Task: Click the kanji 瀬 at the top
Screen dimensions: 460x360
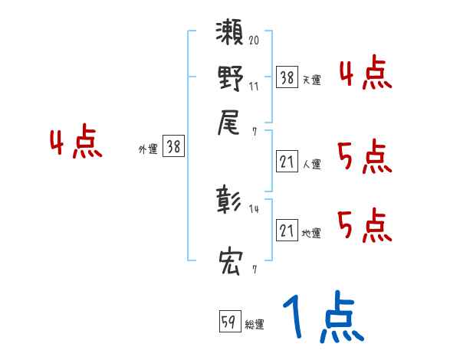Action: click(x=229, y=36)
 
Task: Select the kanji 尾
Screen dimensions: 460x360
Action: click(x=229, y=123)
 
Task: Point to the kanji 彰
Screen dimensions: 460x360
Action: click(x=229, y=201)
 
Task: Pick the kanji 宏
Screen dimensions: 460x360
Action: click(x=229, y=263)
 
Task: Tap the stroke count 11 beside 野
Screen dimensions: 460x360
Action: click(x=254, y=87)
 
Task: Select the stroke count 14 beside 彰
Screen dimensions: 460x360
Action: click(x=254, y=208)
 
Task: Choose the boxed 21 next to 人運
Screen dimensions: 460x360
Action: click(x=287, y=162)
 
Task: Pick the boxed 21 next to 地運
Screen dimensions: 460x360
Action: click(x=287, y=231)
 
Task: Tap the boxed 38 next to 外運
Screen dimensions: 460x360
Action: click(x=173, y=148)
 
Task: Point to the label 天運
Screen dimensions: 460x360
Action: click(x=311, y=79)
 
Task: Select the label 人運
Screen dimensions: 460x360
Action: click(x=311, y=165)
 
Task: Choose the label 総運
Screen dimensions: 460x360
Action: click(x=255, y=325)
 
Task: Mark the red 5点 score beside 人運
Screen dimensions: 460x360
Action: click(x=364, y=158)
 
